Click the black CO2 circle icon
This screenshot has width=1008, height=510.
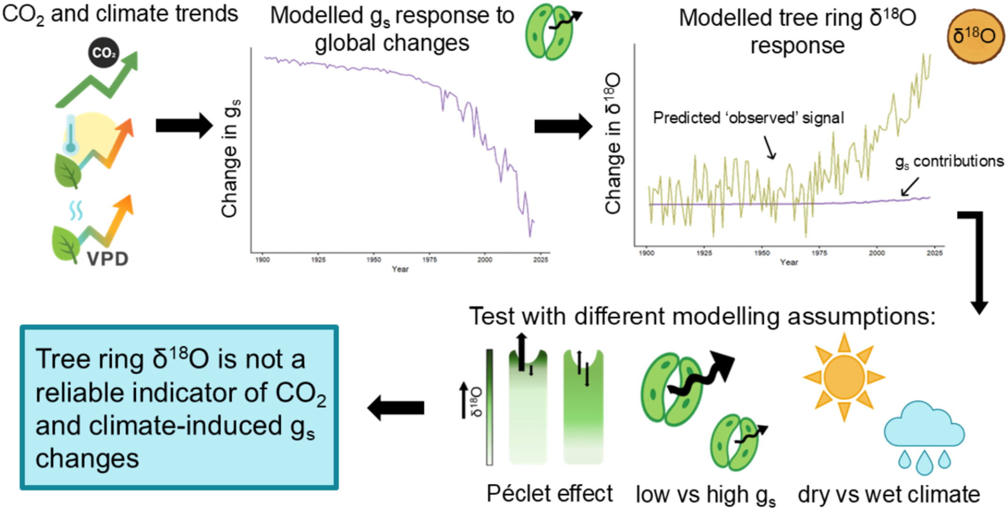click(x=104, y=53)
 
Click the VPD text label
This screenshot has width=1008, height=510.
click(x=108, y=259)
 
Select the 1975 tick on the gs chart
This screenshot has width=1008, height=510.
click(x=429, y=260)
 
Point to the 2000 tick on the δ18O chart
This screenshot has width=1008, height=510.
click(x=876, y=253)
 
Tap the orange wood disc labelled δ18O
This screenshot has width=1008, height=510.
click(x=974, y=36)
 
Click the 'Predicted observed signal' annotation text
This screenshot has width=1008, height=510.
click(x=748, y=118)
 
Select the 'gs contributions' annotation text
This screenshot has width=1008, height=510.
click(x=949, y=162)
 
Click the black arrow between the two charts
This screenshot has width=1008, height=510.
click(x=563, y=127)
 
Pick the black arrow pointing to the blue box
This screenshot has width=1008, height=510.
click(x=396, y=408)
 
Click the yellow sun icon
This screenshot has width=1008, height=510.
click(x=844, y=377)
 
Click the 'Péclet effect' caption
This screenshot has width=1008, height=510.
click(x=549, y=494)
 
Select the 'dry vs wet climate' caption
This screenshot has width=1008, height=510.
click(x=889, y=495)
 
